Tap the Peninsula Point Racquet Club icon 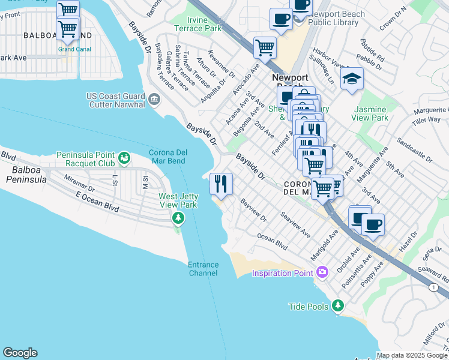click(124, 158)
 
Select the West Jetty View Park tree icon click(178, 217)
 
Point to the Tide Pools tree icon click(338, 306)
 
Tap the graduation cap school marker click(352, 79)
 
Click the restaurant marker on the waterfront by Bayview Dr click(221, 183)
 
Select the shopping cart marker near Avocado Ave click(265, 47)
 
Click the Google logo click(20, 353)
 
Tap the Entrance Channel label click(203, 269)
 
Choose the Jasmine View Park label click(371, 114)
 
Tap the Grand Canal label click(74, 49)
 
